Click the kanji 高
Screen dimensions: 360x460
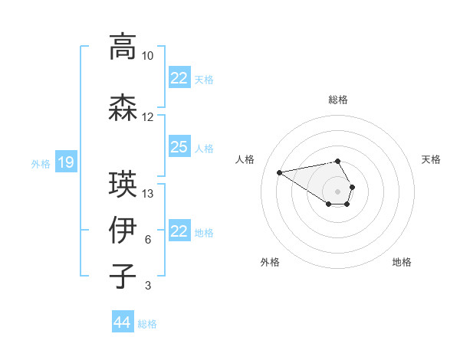click(x=122, y=47)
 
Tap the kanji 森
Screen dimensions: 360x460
click(x=122, y=108)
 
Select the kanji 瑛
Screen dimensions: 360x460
click(x=122, y=184)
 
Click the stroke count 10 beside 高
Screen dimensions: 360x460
click(x=148, y=56)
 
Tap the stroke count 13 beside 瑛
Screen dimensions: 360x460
click(x=148, y=193)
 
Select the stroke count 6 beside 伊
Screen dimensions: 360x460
click(x=148, y=240)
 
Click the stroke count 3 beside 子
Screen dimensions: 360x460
click(x=148, y=286)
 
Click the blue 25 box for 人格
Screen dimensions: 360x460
click(x=179, y=147)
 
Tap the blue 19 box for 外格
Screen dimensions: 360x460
click(x=66, y=162)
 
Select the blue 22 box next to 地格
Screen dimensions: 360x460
click(x=179, y=231)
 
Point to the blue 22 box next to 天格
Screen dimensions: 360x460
click(x=179, y=78)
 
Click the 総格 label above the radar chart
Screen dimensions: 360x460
click(x=338, y=100)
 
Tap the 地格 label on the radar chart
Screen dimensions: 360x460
click(x=402, y=262)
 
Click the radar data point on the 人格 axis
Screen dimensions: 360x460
click(x=279, y=172)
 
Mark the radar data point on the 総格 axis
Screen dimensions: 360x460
click(x=338, y=161)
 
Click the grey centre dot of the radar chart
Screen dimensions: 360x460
click(x=338, y=191)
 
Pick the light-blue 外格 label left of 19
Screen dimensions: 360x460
click(x=41, y=163)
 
